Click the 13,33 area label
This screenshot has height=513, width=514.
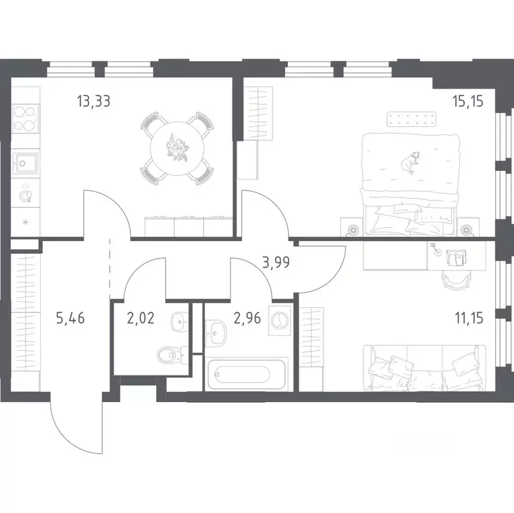click(x=94, y=101)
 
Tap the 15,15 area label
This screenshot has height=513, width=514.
click(x=468, y=102)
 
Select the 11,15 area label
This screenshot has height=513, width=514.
click(x=469, y=318)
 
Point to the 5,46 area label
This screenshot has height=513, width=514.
click(x=70, y=318)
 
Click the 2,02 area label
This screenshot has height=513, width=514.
click(x=140, y=318)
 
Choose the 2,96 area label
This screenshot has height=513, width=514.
click(x=247, y=318)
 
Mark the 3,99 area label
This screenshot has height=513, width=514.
click(x=276, y=263)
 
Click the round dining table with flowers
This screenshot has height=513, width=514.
click(x=177, y=148)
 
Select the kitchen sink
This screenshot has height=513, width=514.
click(x=25, y=163)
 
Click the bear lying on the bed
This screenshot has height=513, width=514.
click(x=410, y=162)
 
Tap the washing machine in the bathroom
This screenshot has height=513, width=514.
click(x=279, y=321)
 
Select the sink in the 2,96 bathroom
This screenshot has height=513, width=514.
click(x=215, y=333)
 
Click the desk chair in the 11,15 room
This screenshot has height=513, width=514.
click(x=456, y=281)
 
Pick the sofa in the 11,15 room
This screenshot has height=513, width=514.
click(x=424, y=368)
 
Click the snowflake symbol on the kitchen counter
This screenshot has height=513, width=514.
click(x=25, y=222)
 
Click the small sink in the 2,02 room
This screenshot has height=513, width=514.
click(x=180, y=322)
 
